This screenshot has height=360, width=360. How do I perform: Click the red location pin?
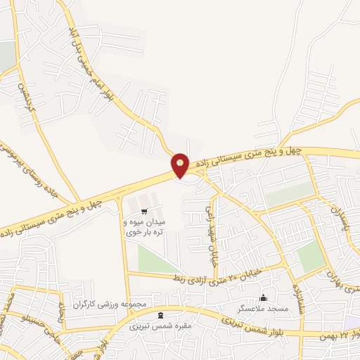[181, 165]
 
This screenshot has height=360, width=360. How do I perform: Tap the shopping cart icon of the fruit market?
[144, 210]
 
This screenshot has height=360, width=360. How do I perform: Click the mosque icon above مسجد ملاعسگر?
[264, 298]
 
